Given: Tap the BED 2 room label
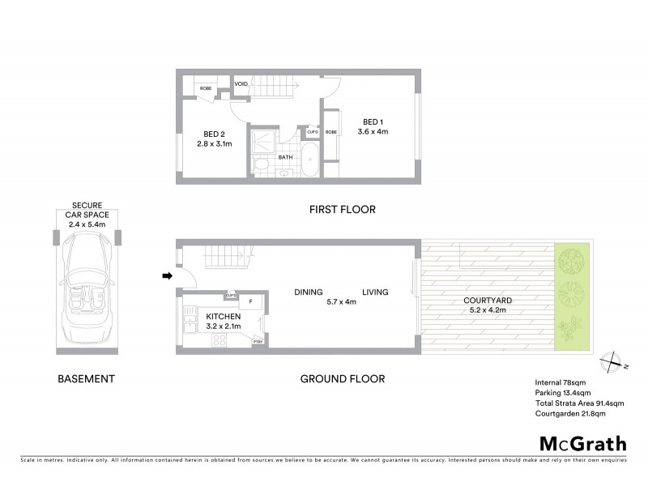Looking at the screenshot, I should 214,134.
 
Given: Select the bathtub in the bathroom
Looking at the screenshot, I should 311,163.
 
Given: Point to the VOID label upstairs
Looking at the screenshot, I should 241,83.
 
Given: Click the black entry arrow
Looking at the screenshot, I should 167,277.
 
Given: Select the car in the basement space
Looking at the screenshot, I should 85,278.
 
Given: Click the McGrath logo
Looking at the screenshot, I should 582,442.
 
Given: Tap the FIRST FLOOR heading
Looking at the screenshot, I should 342,210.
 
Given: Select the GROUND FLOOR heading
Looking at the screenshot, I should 342,378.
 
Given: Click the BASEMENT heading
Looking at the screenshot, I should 85,378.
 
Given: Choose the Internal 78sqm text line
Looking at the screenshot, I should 561,382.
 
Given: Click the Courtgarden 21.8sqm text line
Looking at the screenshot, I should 570,414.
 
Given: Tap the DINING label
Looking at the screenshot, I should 309,292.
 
